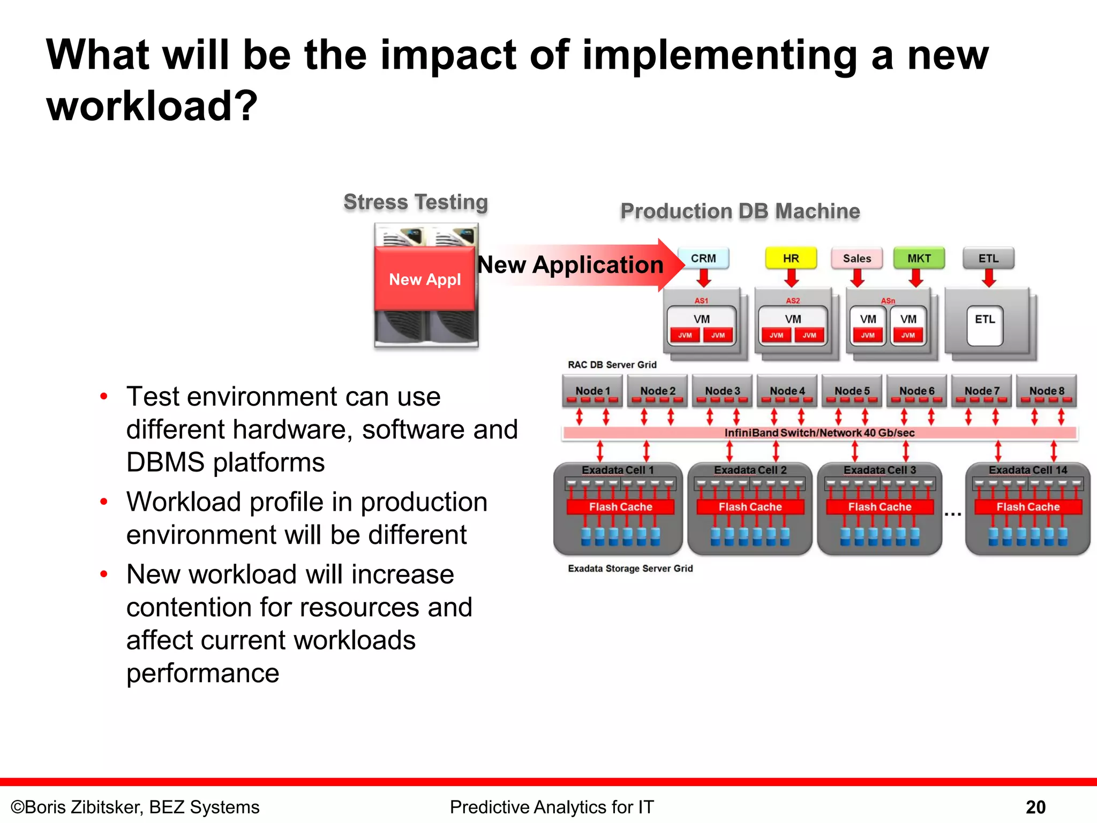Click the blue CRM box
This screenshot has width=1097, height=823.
[703, 258]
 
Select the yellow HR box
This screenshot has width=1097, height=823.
[791, 258]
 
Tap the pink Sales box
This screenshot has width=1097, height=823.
[856, 258]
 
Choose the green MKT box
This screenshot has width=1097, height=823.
[919, 258]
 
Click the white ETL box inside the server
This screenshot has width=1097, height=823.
[985, 325]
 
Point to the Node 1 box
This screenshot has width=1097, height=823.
[592, 391]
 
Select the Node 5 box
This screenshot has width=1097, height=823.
[852, 391]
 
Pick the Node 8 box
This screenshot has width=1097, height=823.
[1046, 391]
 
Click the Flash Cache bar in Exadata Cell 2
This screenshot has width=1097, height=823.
[750, 507]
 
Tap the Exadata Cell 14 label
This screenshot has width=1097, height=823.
[1027, 470]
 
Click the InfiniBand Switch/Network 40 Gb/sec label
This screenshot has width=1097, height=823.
[819, 432]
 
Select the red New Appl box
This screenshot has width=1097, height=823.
[425, 279]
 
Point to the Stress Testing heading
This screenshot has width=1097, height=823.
[416, 202]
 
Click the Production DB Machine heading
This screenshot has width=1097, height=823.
[740, 211]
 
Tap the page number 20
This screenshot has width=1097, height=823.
[1035, 807]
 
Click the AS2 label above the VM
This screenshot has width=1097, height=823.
[793, 301]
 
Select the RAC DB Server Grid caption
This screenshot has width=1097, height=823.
[612, 365]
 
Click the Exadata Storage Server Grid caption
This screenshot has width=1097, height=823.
[630, 568]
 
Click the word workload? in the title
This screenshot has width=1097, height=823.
[152, 106]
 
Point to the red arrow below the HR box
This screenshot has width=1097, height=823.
[791, 278]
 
